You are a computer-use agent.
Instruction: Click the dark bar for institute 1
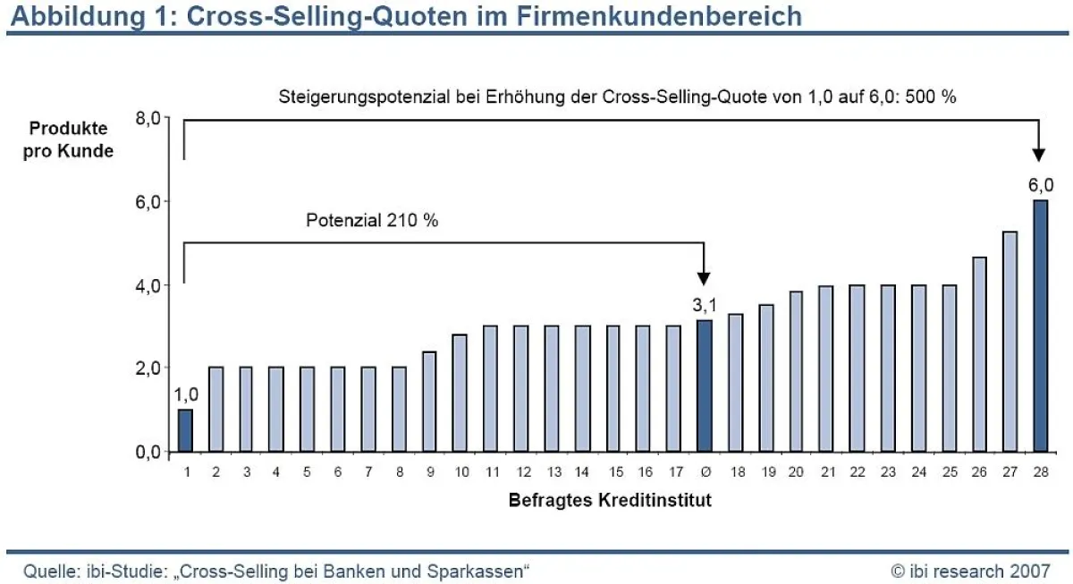coord(185,430)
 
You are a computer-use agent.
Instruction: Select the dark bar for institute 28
coord(1041,326)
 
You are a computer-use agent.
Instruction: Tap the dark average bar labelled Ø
coord(705,385)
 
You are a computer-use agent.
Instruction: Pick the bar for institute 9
coord(429,402)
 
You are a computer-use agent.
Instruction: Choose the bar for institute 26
coord(979,354)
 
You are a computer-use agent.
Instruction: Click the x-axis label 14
coord(582,471)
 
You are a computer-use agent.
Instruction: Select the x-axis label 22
coord(857,471)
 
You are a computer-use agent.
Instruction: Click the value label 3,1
coord(704,306)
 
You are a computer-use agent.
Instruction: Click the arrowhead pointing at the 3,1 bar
coord(705,276)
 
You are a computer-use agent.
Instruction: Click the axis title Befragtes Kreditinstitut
coord(610,500)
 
